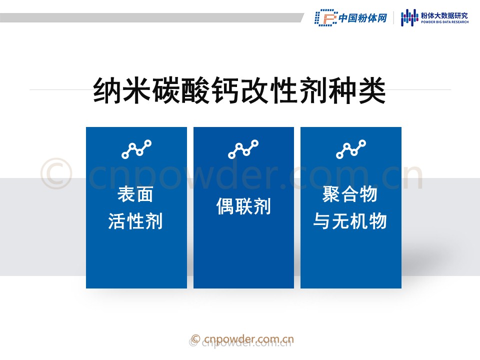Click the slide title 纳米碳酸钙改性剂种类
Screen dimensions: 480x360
(x=239, y=90)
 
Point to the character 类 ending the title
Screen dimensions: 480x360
(x=372, y=90)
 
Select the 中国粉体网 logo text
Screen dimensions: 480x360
(x=363, y=18)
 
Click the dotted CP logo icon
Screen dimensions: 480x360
(x=326, y=17)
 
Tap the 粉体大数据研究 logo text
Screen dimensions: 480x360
(x=444, y=15)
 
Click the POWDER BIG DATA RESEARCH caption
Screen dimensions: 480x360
(x=444, y=22)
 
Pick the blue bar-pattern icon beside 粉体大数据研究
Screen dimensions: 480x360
(x=409, y=17)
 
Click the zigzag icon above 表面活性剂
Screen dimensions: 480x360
(x=136, y=149)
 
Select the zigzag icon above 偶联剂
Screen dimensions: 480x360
(x=243, y=149)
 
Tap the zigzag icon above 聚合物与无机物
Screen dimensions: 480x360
(x=351, y=149)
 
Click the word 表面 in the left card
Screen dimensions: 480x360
(x=135, y=194)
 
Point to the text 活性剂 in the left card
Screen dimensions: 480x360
(x=135, y=220)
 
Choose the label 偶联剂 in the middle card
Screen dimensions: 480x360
(x=243, y=206)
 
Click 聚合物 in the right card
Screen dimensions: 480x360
(x=350, y=194)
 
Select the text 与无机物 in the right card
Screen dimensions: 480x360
(x=350, y=220)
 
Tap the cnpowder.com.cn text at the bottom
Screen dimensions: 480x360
(x=248, y=339)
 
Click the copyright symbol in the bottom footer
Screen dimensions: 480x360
(x=195, y=339)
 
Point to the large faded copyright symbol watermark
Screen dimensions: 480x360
(x=56, y=173)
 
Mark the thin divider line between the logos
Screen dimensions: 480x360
(x=393, y=18)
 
